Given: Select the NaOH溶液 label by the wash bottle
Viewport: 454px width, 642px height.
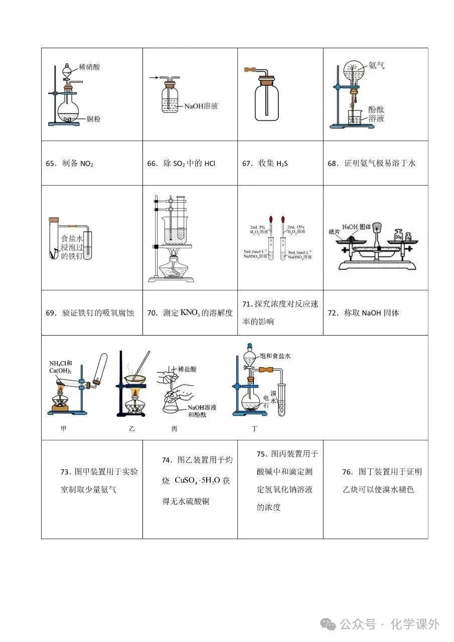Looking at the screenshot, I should point(201,106).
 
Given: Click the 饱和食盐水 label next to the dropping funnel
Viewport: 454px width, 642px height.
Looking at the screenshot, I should point(275,356).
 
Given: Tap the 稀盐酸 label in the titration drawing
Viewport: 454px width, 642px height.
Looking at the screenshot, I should point(187,369).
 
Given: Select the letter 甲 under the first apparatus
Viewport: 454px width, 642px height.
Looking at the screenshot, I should point(63,429).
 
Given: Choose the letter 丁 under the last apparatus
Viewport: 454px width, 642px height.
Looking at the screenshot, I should point(254,429).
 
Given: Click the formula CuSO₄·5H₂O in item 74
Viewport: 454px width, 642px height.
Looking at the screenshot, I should point(198,480).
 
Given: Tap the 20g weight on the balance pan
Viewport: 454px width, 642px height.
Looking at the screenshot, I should point(399,234).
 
